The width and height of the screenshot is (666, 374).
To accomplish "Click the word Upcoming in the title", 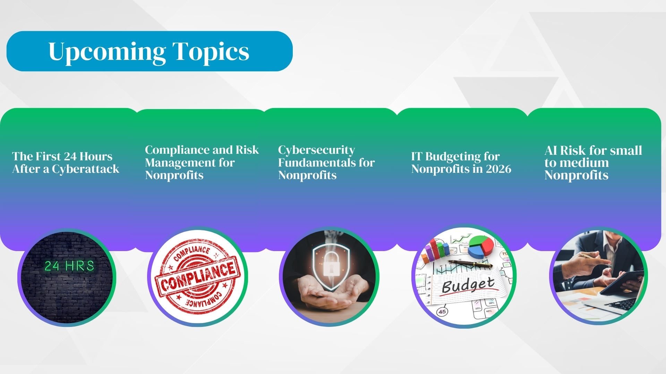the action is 107,52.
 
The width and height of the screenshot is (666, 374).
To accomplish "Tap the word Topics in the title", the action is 211,52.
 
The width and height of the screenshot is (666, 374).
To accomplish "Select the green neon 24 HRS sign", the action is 69,266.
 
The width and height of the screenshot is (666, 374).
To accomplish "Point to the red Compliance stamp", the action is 197,277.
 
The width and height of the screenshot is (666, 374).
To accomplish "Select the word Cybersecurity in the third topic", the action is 316,150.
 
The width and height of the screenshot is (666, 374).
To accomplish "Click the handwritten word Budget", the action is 468,285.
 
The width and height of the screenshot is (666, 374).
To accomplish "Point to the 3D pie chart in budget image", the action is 481,246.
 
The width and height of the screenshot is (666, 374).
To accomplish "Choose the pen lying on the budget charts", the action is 470,264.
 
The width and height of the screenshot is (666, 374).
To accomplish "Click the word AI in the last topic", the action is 550,151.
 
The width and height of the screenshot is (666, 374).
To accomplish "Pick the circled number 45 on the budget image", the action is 442,311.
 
